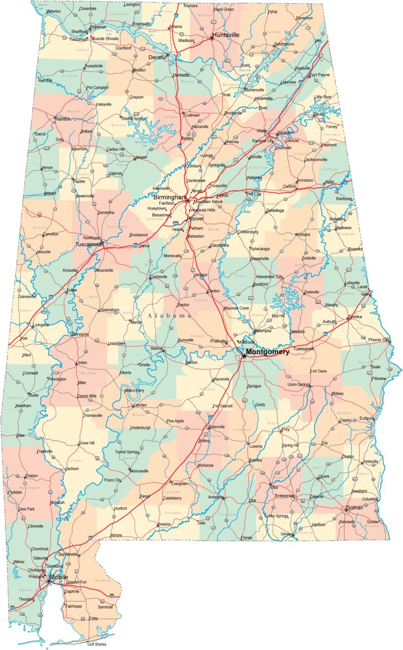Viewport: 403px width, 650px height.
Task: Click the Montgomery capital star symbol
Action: coord(244,356)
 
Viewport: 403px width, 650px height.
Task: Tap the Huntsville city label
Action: coord(226,35)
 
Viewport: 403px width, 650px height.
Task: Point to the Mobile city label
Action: coord(59,577)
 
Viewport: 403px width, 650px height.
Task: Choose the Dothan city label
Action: coord(354,507)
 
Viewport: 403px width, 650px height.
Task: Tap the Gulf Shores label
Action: coord(97,644)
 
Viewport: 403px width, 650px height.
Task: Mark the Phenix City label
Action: coord(379,340)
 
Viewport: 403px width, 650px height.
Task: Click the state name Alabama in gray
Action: coord(169,315)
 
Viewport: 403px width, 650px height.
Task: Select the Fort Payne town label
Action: coord(319,75)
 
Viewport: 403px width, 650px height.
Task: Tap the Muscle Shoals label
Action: coord(105,39)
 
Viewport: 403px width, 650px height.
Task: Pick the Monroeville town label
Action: coord(139,471)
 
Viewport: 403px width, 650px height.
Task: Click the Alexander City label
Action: coord(270,277)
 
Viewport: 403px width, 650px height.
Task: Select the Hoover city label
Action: coord(195,219)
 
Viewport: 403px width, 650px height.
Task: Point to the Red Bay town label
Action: coord(45,81)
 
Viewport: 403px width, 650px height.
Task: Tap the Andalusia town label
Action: coord(215,497)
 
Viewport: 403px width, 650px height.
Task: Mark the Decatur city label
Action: coord(157,57)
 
